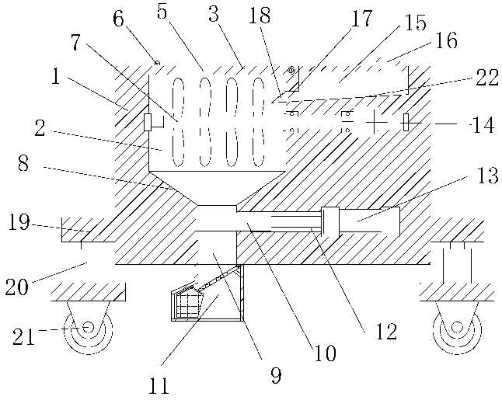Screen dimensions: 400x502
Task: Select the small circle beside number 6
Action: click(156, 61)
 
